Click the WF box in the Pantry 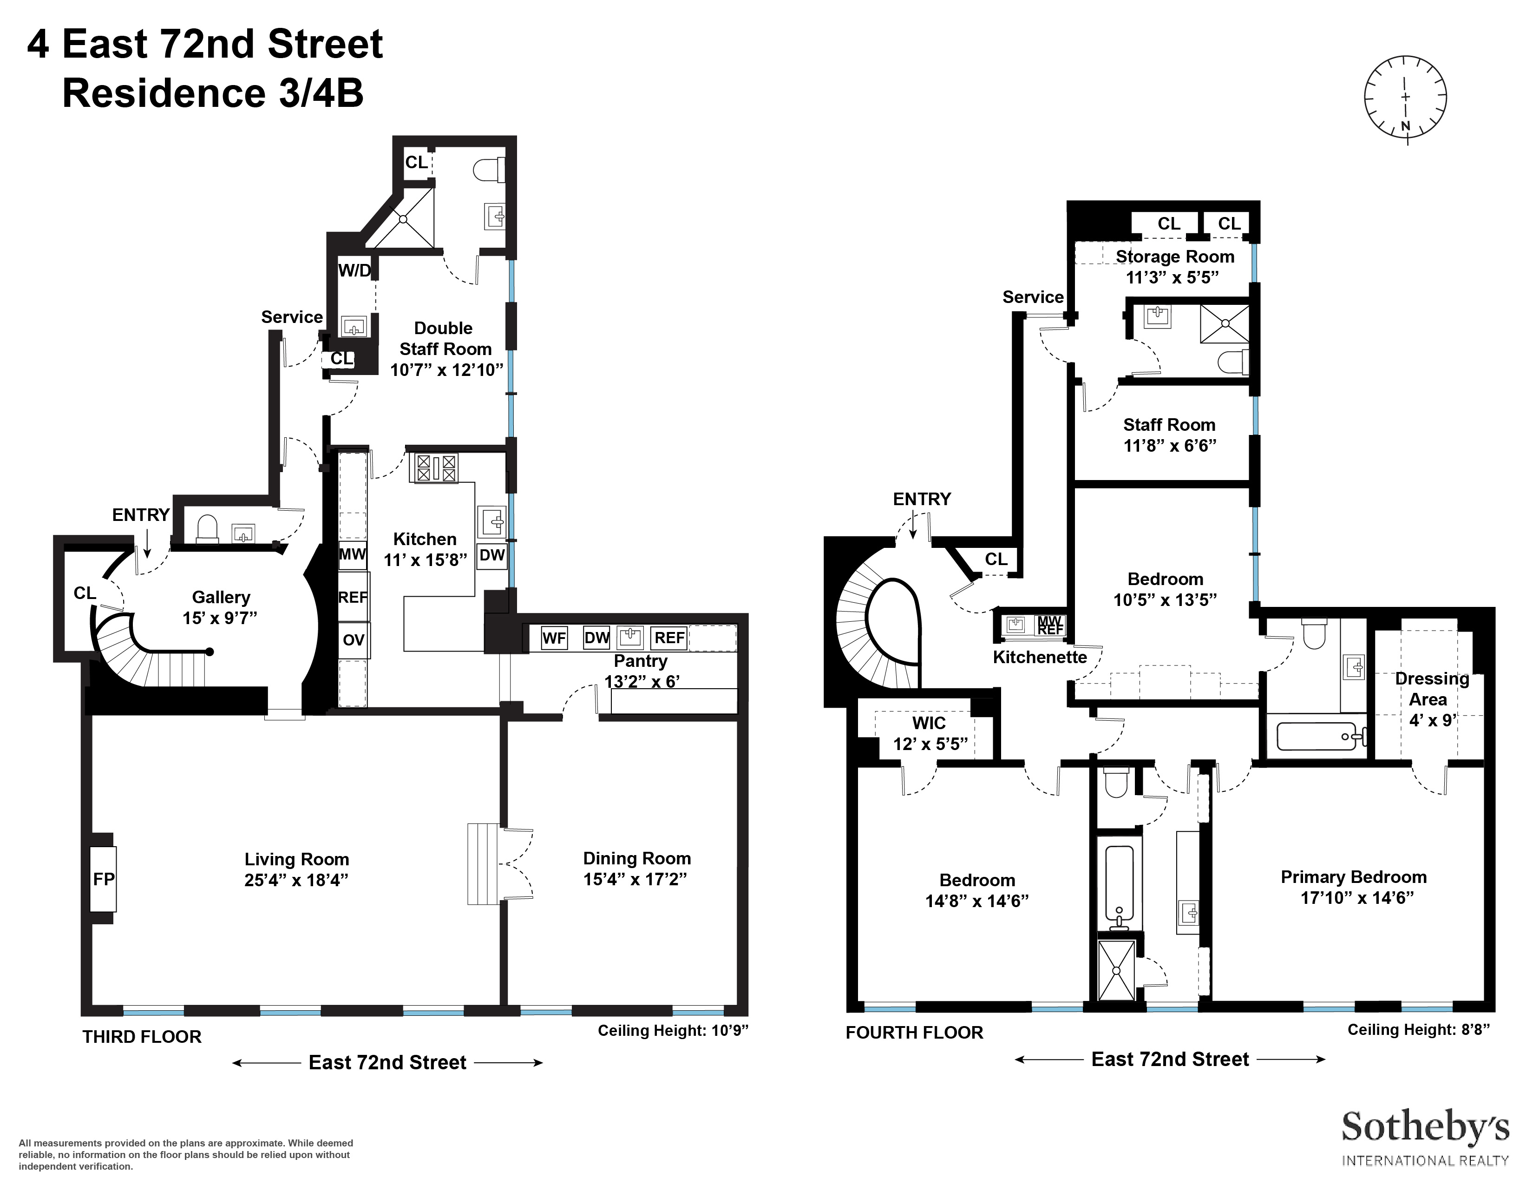(x=554, y=638)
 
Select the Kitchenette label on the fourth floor (x=1040, y=657)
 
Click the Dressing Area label (x=1431, y=689)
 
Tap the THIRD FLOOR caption (x=142, y=1037)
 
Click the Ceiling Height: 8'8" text (x=1418, y=1030)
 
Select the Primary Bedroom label (x=1353, y=877)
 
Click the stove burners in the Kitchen (x=436, y=468)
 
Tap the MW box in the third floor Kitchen (x=353, y=554)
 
